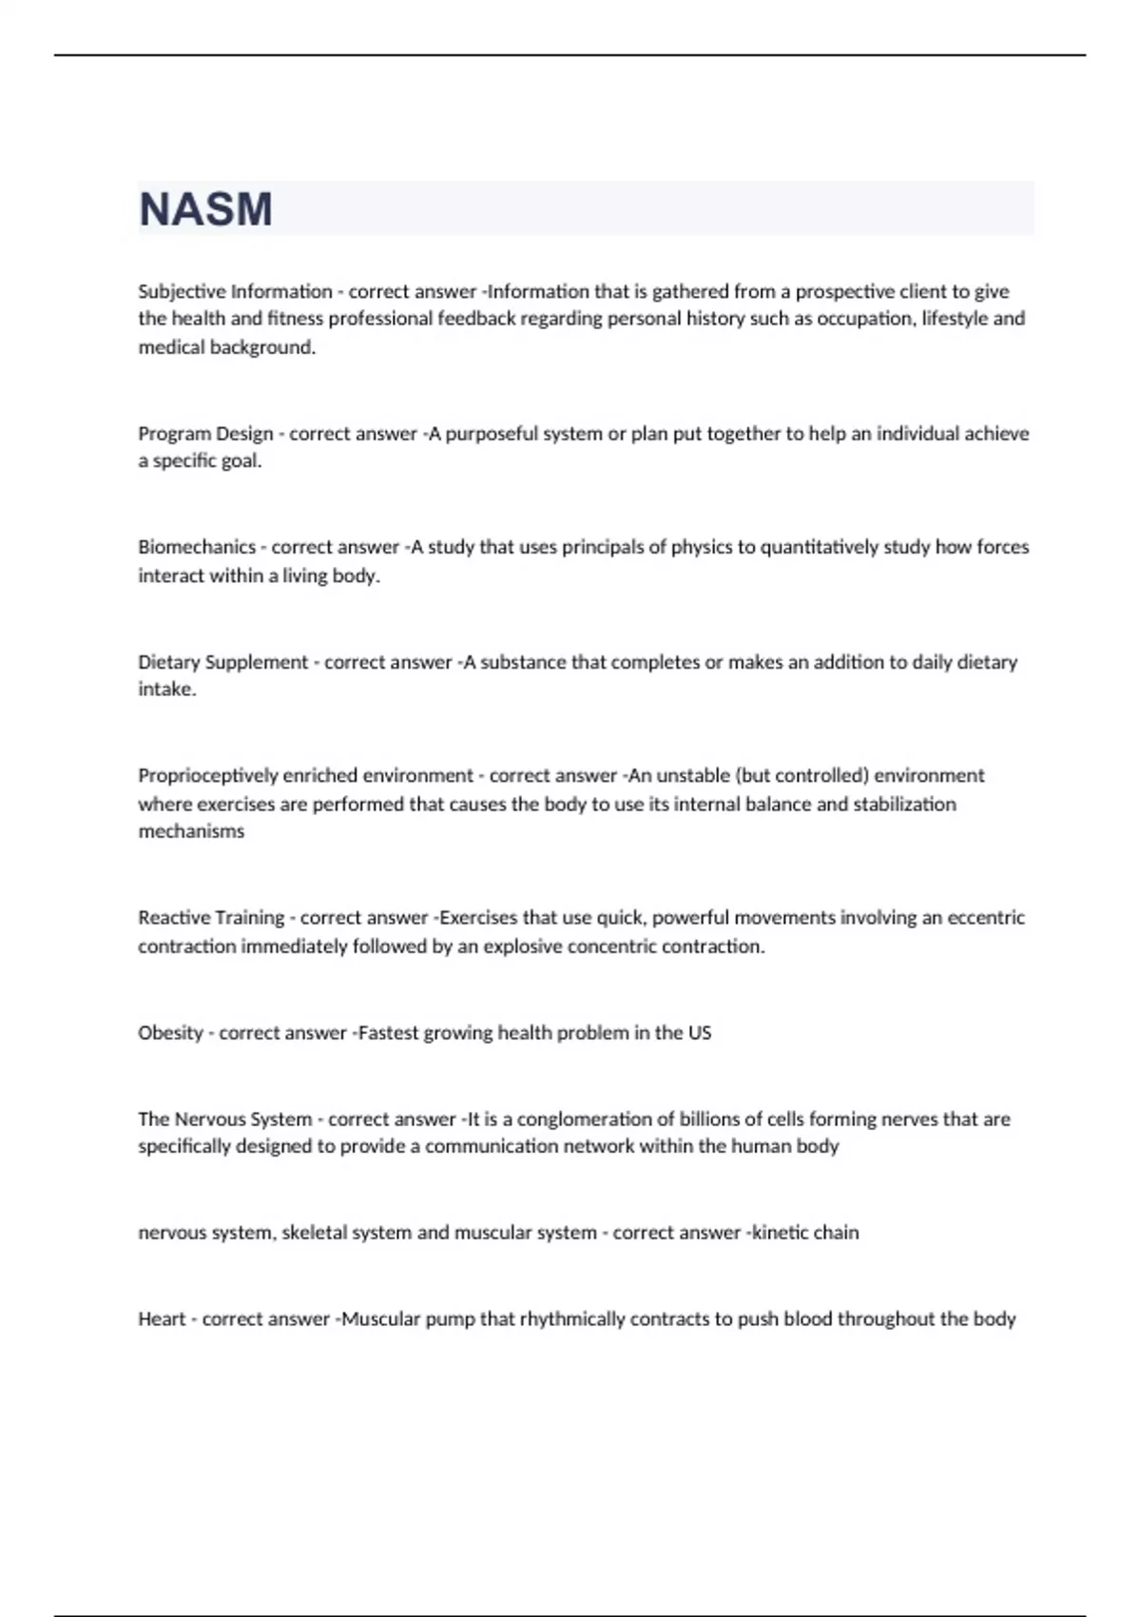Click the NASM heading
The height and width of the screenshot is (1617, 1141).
pos(205,209)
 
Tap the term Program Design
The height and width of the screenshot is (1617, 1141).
pos(205,434)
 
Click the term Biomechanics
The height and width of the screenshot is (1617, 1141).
pos(197,547)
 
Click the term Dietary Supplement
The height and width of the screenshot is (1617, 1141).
pos(223,662)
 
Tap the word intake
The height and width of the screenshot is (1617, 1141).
pos(166,689)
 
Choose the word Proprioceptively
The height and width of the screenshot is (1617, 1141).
pos(207,775)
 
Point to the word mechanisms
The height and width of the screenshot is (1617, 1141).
pos(191,831)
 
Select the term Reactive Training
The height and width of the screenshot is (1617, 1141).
pos(211,918)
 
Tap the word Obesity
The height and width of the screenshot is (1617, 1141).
pos(170,1033)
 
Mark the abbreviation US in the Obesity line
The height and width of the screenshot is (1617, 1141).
pos(700,1033)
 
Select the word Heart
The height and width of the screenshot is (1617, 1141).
pos(162,1319)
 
